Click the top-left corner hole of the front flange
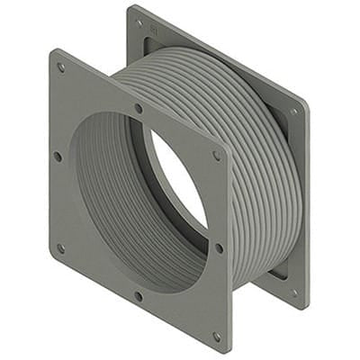coord(61,67)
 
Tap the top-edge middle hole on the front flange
coord(138,108)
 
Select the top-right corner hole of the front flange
coord(216,155)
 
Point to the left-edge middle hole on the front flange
coord(58,156)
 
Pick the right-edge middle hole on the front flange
coord(219,247)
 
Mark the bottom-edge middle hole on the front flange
coord(138,294)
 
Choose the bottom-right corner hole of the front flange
coord(217,337)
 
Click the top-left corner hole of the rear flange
coord(139,22)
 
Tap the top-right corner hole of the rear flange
coord(293,112)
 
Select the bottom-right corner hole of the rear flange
coord(293,292)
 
